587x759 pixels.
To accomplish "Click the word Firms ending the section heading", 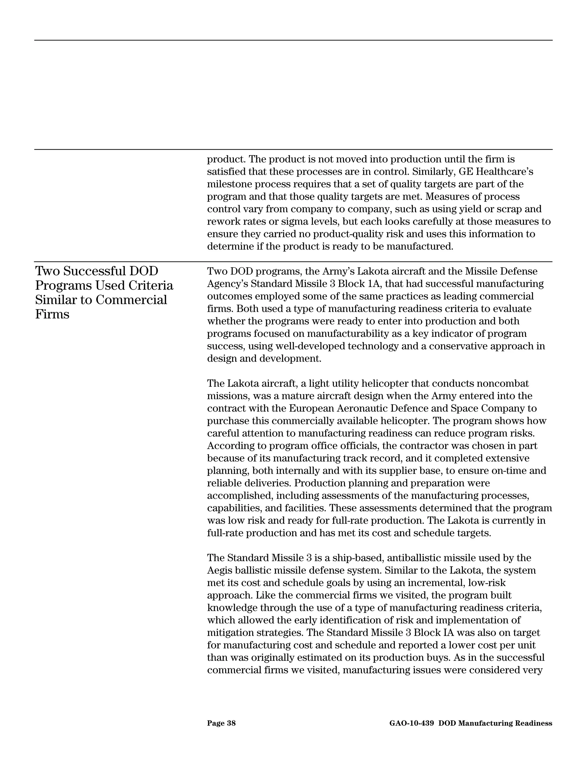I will click(52, 314).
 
